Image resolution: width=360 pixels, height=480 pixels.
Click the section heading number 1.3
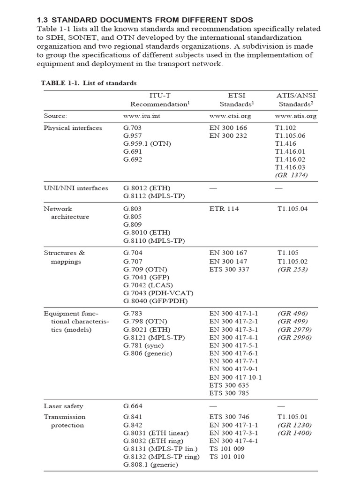point(43,20)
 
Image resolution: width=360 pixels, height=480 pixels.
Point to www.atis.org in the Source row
point(296,115)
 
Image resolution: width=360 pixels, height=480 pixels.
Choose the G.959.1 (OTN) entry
point(147,143)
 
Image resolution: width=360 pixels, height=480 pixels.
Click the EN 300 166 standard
point(228,127)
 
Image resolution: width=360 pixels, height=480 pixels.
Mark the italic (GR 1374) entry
point(292,175)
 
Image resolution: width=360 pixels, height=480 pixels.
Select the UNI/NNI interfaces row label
point(76,188)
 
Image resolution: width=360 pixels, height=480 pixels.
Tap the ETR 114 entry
point(224,209)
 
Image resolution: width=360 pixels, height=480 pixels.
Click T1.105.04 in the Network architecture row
point(292,209)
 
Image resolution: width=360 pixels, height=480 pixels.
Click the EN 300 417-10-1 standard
point(236,377)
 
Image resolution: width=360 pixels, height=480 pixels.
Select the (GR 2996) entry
point(294,337)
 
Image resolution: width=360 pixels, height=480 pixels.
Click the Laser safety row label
point(63,406)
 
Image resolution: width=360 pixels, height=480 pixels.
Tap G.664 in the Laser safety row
point(133,406)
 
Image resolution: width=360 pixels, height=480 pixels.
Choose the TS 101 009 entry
point(227,449)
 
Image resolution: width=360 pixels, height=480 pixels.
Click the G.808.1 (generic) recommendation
point(151,465)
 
